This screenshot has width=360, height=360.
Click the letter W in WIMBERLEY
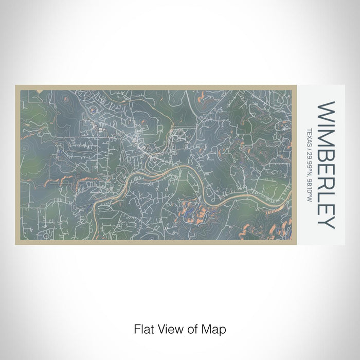click(x=327, y=112)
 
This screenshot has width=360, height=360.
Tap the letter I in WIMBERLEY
click(x=327, y=125)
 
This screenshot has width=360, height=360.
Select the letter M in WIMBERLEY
click(x=327, y=137)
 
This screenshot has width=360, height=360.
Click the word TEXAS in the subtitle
click(x=309, y=136)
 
